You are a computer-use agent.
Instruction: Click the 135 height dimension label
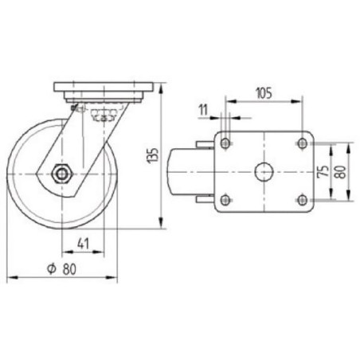tap(155, 155)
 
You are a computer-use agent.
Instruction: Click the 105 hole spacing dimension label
tap(264, 93)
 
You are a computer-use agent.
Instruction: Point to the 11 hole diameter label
tap(203, 110)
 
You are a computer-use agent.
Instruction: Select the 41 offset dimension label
tap(83, 243)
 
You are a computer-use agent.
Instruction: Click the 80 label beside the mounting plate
tap(341, 172)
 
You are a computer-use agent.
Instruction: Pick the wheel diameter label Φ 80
tap(61, 268)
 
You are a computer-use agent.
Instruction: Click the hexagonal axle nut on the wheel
tap(61, 174)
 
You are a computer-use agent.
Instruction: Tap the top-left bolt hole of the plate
tap(225, 143)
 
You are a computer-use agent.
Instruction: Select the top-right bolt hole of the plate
tap(302, 143)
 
